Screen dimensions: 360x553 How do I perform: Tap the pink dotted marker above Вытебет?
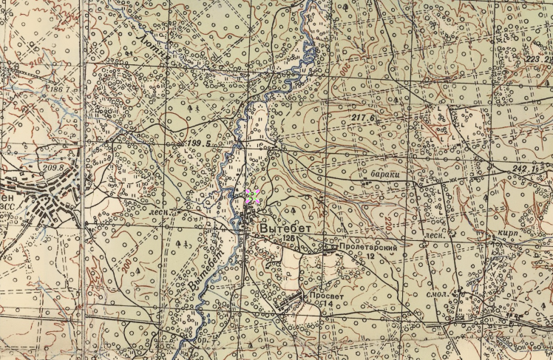(251, 196)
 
